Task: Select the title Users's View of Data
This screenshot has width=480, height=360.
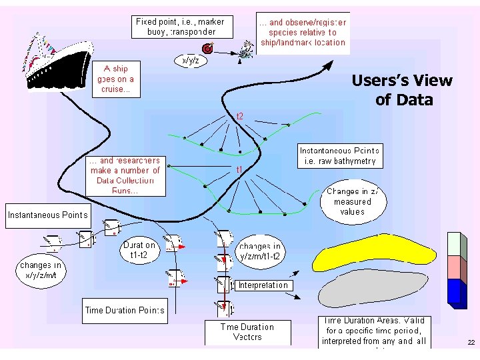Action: coord(401,91)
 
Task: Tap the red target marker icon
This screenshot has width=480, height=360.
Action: coord(208,49)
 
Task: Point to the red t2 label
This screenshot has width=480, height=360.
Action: coord(240,116)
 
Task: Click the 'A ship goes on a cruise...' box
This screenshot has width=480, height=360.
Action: coord(117,79)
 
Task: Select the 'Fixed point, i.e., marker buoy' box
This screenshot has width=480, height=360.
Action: coord(180,27)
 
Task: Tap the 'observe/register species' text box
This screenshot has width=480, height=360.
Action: coord(303,32)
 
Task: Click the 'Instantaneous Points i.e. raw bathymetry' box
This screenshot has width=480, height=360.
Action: coord(339,156)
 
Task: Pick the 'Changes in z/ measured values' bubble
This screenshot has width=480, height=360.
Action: coord(351,201)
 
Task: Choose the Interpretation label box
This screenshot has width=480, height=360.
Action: coord(263,285)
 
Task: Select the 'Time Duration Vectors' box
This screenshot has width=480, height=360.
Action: coord(247,332)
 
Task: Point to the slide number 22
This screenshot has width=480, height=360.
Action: coord(471,343)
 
